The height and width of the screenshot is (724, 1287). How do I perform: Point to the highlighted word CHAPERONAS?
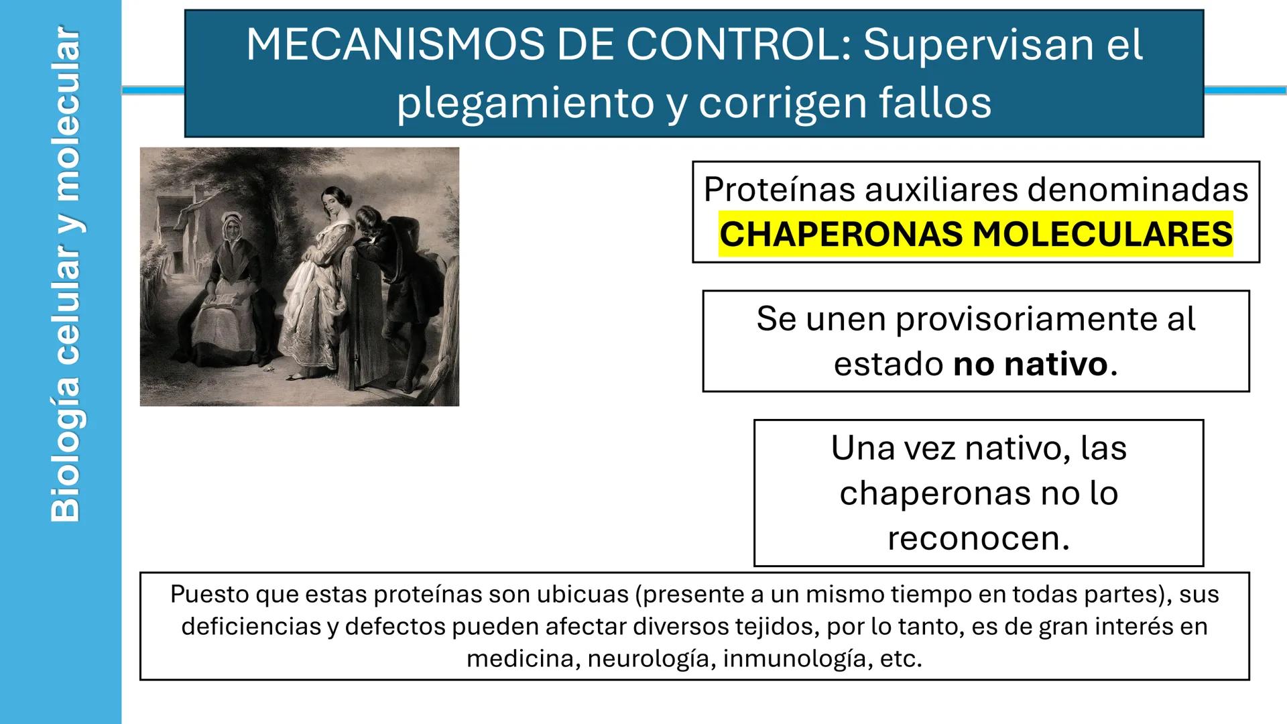pos(841,235)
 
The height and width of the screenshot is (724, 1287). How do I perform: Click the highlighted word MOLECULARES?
pos(1102,235)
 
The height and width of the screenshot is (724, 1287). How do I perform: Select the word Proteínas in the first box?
pos(779,189)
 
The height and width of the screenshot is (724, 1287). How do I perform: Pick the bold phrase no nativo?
pos(1030,365)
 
